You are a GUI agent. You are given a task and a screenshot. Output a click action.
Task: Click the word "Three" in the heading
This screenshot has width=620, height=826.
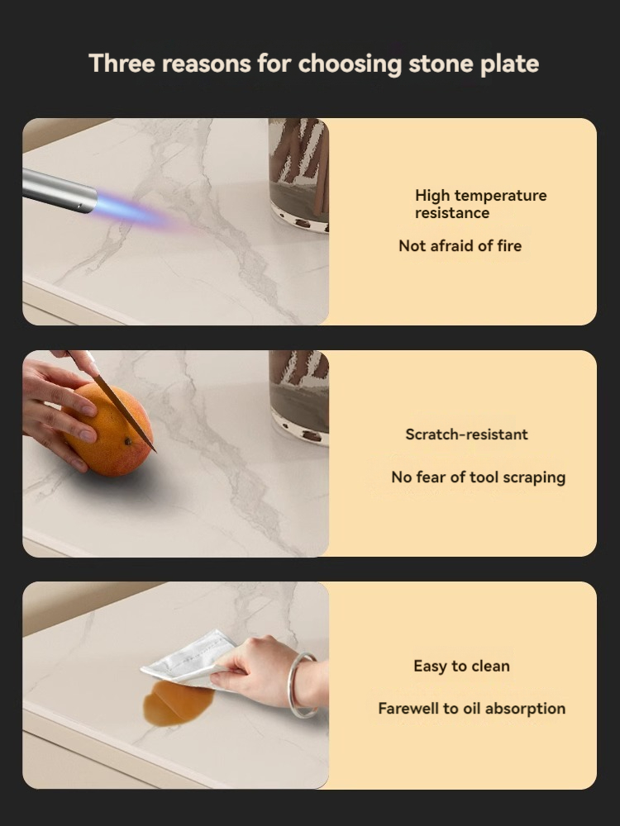point(122,64)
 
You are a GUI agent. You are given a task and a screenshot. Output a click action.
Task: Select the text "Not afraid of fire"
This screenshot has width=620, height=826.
point(460,245)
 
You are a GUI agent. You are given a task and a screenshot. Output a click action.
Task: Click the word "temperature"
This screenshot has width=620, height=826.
point(500,196)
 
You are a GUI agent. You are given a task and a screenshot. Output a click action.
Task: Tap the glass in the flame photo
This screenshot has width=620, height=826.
point(298,174)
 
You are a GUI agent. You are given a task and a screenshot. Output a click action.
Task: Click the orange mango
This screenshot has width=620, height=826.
point(108,430)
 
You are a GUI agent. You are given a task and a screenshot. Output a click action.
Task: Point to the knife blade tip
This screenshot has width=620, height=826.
point(155,452)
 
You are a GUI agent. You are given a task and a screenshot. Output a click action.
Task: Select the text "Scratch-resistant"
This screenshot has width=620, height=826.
point(466,434)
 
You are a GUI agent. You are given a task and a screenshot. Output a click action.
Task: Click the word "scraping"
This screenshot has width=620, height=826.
point(534,477)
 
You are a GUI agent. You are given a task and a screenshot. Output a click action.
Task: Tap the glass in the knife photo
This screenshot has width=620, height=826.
point(299,397)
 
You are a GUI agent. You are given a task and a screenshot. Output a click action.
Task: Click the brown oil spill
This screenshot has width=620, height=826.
point(178,703)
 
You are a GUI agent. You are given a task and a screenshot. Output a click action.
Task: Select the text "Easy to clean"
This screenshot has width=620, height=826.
point(462,667)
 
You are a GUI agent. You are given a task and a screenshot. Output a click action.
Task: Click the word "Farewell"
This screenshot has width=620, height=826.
point(408,709)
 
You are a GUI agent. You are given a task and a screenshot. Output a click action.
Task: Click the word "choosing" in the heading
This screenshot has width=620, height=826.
point(350,64)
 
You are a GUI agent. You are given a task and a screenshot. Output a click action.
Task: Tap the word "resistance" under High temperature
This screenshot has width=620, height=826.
point(452,213)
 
